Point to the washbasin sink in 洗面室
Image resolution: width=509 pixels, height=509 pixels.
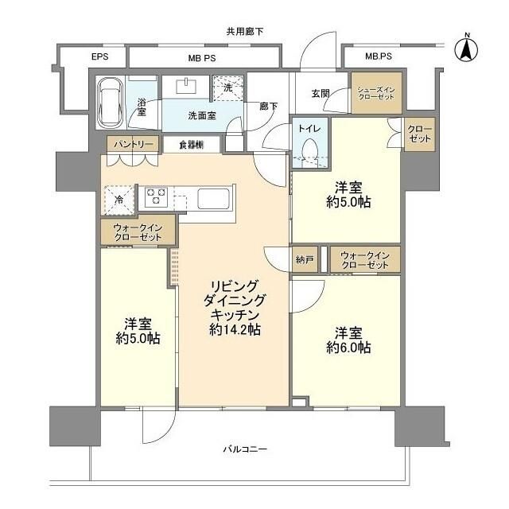pyautogui.click(x=190, y=87)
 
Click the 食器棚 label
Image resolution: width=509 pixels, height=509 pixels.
pyautogui.click(x=191, y=144)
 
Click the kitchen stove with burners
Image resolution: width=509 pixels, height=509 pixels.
pyautogui.click(x=154, y=196)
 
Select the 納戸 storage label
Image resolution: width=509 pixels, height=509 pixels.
pyautogui.click(x=304, y=259)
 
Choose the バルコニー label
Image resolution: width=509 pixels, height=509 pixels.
pyautogui.click(x=244, y=450)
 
